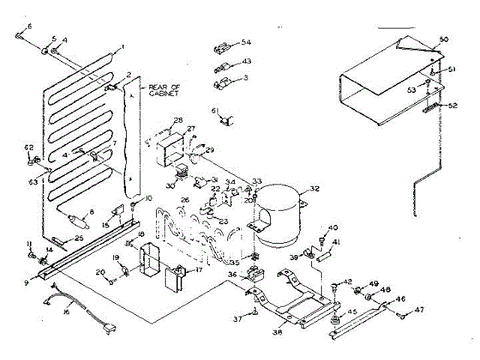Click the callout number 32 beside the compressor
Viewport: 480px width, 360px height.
coord(314,188)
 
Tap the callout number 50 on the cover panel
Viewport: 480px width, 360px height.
coord(443,38)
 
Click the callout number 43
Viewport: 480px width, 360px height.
coord(247,61)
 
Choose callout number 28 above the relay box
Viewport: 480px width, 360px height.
coord(178,120)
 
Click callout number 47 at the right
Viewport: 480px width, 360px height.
coord(420,309)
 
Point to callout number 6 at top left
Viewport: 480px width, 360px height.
coord(29,26)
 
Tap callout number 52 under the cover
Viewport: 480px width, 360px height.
coord(452,105)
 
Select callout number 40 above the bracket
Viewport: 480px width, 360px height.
coord(334,227)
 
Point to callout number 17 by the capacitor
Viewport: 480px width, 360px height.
coord(199,270)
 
